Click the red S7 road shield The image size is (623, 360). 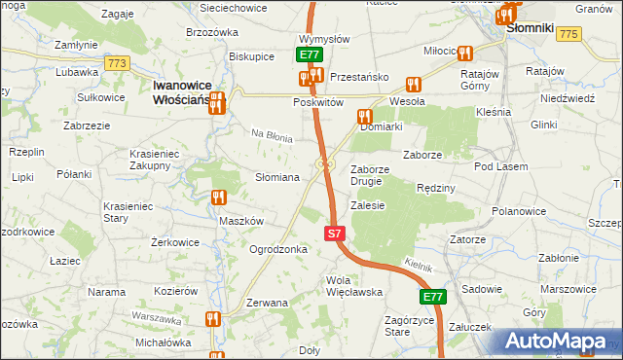(x=334, y=234)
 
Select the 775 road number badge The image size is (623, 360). (x=569, y=34)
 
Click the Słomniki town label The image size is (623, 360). (x=531, y=29)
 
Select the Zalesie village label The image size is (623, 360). (x=368, y=205)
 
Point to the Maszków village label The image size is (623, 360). (x=241, y=221)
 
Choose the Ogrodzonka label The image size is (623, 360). (x=278, y=249)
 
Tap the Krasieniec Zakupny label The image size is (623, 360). (x=163, y=160)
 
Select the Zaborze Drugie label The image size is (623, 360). (x=371, y=174)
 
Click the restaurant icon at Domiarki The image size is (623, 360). (x=364, y=117)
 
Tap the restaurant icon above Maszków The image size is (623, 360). (x=218, y=198)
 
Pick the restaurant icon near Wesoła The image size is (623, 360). (x=413, y=85)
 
